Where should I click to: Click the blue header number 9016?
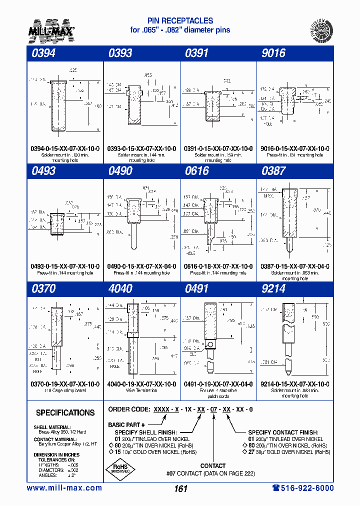273,53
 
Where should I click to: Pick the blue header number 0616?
197,171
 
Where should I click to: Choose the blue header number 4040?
120,289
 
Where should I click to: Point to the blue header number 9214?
273,289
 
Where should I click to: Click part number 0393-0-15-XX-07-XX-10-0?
141,149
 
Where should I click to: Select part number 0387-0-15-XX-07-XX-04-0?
295,266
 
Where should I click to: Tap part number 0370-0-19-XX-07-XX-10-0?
65,384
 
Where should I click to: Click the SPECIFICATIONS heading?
65,413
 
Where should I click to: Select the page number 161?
180,488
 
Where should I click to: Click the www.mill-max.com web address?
64,488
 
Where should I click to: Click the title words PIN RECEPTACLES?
180,21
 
